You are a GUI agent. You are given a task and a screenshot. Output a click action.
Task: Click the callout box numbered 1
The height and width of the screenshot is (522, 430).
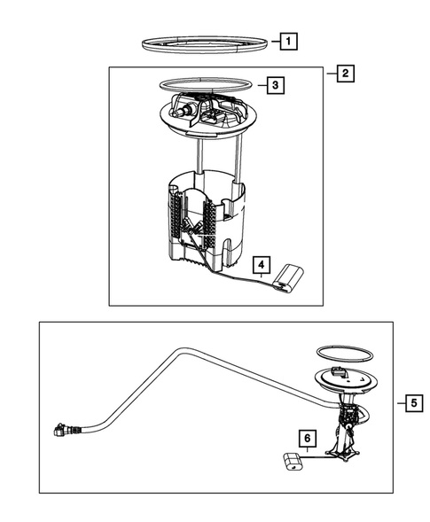(x=288, y=42)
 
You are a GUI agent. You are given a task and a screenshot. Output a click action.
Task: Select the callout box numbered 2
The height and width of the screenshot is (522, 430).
(x=346, y=74)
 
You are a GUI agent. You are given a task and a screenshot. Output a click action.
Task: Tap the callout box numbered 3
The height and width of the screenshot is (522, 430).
(x=276, y=85)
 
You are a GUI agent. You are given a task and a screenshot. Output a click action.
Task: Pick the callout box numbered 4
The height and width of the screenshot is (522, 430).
(x=262, y=265)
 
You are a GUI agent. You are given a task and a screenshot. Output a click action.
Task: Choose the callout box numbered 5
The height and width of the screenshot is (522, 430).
(x=414, y=403)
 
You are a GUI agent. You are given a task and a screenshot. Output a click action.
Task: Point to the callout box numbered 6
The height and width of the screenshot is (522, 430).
(x=308, y=438)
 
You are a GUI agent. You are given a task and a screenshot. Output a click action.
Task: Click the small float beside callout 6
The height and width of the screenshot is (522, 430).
(x=293, y=462)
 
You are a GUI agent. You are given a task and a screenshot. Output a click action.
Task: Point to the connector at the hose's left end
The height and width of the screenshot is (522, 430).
(x=64, y=430)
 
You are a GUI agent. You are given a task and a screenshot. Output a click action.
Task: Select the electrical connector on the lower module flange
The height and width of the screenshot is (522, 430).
(x=338, y=370)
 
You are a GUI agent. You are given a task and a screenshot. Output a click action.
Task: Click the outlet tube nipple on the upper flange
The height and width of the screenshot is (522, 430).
(x=183, y=111)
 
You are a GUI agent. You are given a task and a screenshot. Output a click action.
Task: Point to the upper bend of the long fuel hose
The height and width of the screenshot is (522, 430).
(x=180, y=352)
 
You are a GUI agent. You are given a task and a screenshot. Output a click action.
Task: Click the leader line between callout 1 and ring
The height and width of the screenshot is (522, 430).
(x=276, y=42)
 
